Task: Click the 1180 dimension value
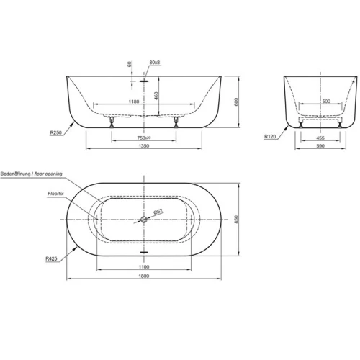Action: [134, 102]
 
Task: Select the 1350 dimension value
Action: [144, 145]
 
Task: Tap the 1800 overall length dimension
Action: [144, 276]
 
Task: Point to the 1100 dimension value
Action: [144, 266]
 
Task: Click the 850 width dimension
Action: [236, 220]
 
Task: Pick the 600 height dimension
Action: [236, 102]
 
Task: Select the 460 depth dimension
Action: [156, 96]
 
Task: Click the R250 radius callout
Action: [56, 132]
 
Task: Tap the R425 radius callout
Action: [51, 258]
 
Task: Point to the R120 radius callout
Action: [270, 137]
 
